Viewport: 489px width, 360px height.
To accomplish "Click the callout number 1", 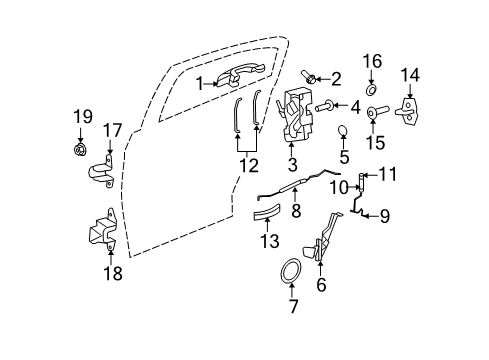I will pos(199,83).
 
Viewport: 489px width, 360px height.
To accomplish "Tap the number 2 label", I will pos(336,78).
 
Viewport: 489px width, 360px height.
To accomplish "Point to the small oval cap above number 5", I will pos(343,131).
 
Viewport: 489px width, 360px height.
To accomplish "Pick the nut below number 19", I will pos(78,152).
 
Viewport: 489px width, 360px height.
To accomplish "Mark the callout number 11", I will pos(389,173).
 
